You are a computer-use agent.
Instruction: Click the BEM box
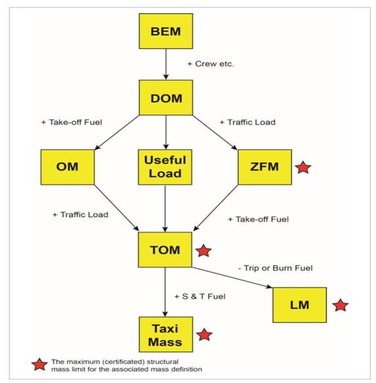point(166,31)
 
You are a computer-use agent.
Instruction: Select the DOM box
point(166,97)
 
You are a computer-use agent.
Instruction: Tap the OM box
point(68,167)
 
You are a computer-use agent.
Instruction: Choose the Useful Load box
point(165,167)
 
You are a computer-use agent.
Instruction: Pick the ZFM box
point(265,167)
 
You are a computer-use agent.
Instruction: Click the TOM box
point(165,249)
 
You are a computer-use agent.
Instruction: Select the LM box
point(300,305)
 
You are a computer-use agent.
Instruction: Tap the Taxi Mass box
point(166,335)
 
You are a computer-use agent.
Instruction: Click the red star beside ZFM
point(303,168)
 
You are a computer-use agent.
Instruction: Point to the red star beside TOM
point(204,251)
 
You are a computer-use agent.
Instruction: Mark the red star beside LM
point(341,305)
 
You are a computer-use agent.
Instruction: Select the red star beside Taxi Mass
point(204,335)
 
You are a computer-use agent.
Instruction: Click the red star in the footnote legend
point(39,365)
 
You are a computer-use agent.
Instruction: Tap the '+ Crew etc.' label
point(210,64)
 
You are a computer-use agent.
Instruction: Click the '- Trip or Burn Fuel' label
point(275,268)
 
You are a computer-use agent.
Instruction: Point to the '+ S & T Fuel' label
point(200,297)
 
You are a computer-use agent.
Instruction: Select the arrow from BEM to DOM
point(166,64)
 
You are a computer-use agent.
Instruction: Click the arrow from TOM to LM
point(232,278)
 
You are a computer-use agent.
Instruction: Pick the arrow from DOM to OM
point(116,132)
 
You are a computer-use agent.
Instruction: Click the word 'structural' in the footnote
point(163,361)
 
